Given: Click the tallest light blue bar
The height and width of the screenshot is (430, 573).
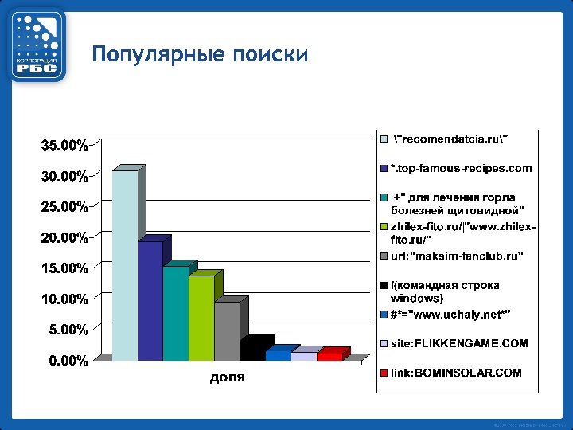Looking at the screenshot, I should point(124,265).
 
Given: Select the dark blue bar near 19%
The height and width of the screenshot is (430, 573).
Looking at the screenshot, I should point(150,300).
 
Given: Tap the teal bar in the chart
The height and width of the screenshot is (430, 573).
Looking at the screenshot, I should point(175,313).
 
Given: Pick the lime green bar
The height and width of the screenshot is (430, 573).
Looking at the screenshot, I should point(201,318).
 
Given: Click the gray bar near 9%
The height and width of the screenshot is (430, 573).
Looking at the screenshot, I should point(226,330).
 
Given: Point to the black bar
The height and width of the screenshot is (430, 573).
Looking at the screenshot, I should point(252,351).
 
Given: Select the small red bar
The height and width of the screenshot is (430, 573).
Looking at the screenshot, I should point(329,355).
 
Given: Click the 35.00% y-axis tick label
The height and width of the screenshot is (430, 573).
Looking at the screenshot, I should point(64,146).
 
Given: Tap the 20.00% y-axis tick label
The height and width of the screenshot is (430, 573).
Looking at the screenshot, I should point(64,237).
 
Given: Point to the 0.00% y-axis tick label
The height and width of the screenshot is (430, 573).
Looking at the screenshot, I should point(68,361).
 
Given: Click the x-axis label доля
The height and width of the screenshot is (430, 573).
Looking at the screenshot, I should point(227,377).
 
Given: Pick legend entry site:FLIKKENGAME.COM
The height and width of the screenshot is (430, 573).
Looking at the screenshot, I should point(458,343).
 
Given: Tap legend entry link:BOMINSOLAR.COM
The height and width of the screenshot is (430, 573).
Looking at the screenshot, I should point(455,372).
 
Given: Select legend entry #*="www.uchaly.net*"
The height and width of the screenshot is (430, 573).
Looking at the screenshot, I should point(450,314).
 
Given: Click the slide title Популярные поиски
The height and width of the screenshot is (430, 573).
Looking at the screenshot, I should point(200,54).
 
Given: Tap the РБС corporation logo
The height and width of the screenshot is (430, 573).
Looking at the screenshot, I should point(36,45).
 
